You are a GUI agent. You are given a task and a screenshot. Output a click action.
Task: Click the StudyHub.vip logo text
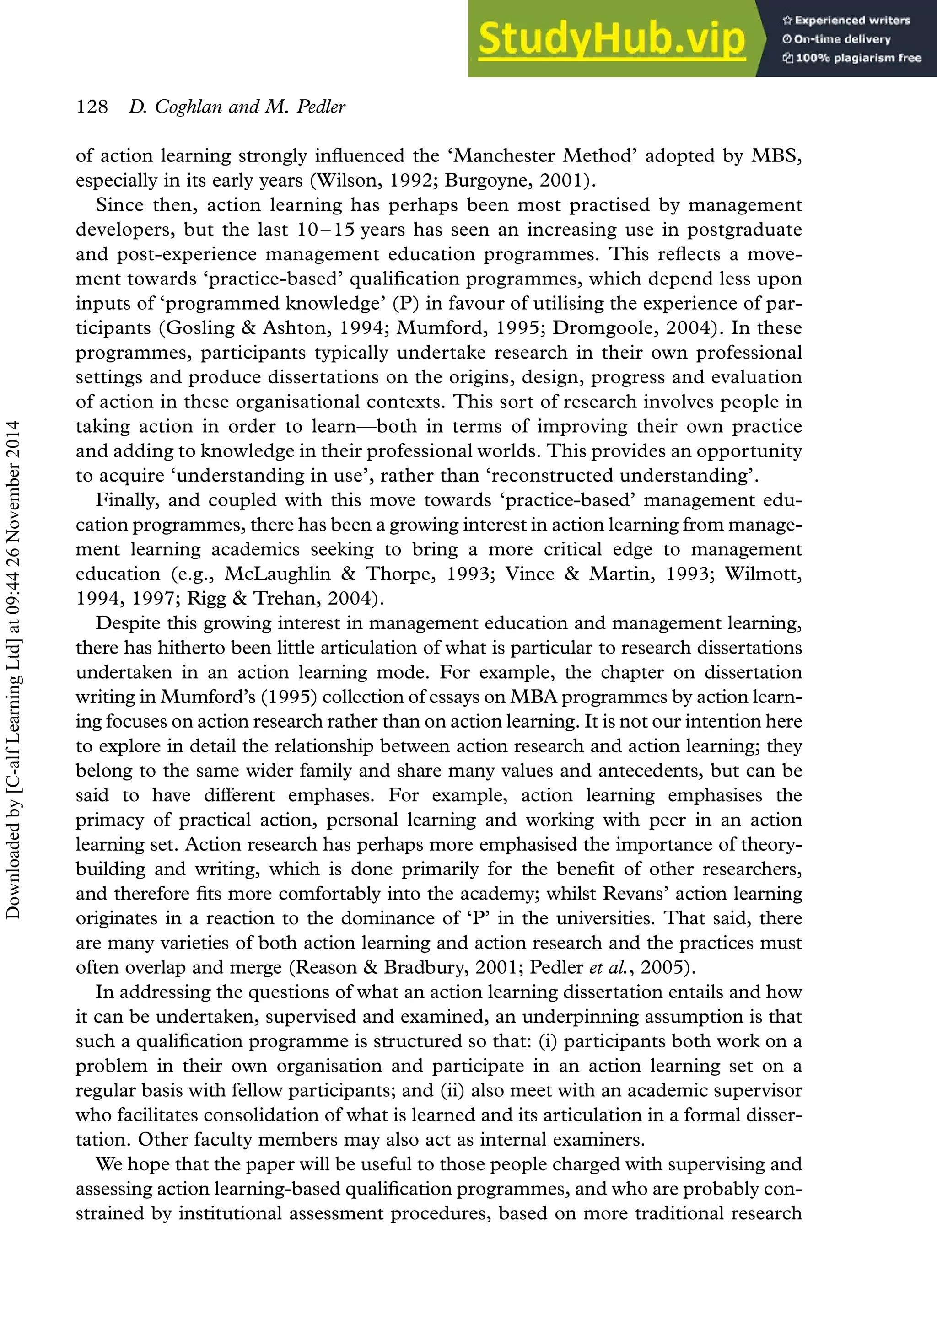[611, 39]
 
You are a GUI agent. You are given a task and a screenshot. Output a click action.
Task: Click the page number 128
[92, 107]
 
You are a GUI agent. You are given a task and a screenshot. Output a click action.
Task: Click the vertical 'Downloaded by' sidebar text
[13, 669]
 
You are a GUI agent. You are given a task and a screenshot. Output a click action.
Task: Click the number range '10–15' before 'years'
[326, 230]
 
